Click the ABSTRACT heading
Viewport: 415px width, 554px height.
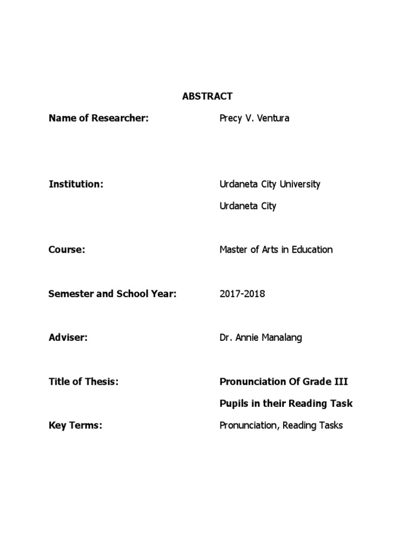pyautogui.click(x=207, y=96)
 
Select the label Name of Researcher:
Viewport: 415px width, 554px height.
pyautogui.click(x=98, y=118)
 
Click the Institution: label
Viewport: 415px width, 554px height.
pyautogui.click(x=76, y=184)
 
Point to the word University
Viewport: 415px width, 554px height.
pyautogui.click(x=300, y=184)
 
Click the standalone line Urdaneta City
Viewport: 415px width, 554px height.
pyautogui.click(x=247, y=206)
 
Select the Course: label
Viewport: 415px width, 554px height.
pyautogui.click(x=67, y=249)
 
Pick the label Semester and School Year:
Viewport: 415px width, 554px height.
pyautogui.click(x=113, y=294)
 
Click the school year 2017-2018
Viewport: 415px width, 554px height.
pyautogui.click(x=242, y=294)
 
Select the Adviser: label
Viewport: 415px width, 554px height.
pyautogui.click(x=68, y=338)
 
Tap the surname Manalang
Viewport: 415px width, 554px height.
pyautogui.click(x=283, y=338)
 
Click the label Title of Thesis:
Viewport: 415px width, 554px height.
pyautogui.click(x=83, y=381)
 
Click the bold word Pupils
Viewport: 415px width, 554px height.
pyautogui.click(x=233, y=404)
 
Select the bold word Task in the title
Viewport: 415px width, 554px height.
pyautogui.click(x=341, y=404)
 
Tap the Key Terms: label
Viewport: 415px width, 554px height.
pyautogui.click(x=75, y=425)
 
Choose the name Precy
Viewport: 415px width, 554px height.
pyautogui.click(x=231, y=118)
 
